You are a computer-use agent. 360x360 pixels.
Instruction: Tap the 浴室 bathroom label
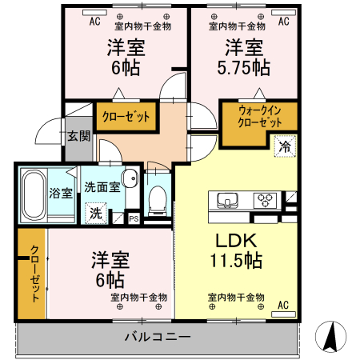coord(61,193)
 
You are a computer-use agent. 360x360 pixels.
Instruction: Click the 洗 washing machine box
coord(96,214)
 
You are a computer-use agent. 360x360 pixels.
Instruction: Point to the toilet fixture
coord(158,194)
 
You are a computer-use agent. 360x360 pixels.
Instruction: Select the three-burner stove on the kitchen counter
coord(266,199)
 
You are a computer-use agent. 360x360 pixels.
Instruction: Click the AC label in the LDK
coord(282,305)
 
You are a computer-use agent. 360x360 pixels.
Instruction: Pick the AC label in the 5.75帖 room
coord(282,22)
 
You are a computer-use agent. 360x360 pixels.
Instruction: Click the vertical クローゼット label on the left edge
coord(33,272)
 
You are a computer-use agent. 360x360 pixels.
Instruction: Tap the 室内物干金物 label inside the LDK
coord(236,297)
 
